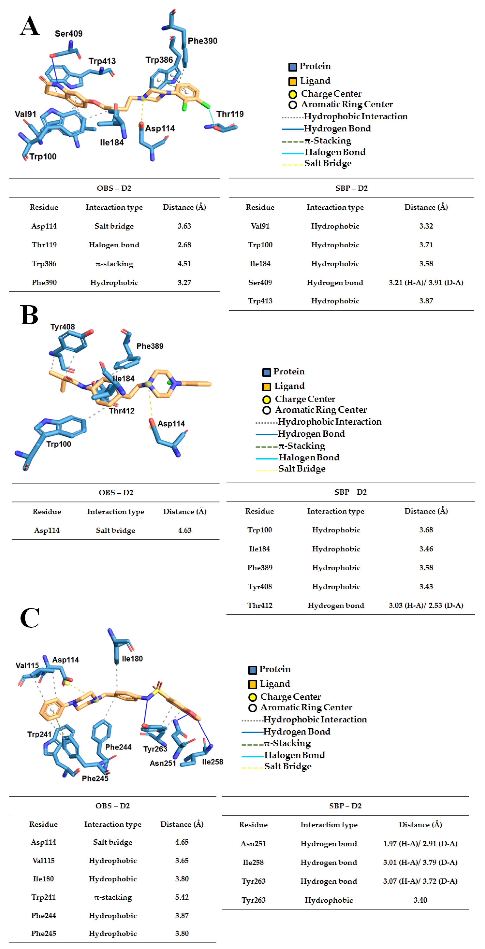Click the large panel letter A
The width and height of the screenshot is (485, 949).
pyautogui.click(x=30, y=26)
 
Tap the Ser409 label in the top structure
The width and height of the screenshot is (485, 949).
pyautogui.click(x=69, y=34)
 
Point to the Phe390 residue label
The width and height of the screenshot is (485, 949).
pyautogui.click(x=202, y=41)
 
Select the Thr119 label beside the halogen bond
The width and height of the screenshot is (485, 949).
pyautogui.click(x=230, y=114)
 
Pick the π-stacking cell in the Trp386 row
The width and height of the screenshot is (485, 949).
pyautogui.click(x=114, y=264)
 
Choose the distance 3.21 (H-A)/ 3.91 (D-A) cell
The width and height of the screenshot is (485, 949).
pyautogui.click(x=426, y=283)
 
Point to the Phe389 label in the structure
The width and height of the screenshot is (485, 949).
pyautogui.click(x=150, y=346)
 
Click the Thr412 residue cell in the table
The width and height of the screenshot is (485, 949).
pyautogui.click(x=260, y=605)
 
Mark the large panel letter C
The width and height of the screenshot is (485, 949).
pyautogui.click(x=30, y=618)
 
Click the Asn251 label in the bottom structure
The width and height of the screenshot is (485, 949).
pyautogui.click(x=163, y=763)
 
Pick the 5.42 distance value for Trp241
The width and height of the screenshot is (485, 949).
pyautogui.click(x=182, y=897)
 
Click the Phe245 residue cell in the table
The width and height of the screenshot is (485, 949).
pyautogui.click(x=43, y=933)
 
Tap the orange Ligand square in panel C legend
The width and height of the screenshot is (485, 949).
pyautogui.click(x=253, y=684)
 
